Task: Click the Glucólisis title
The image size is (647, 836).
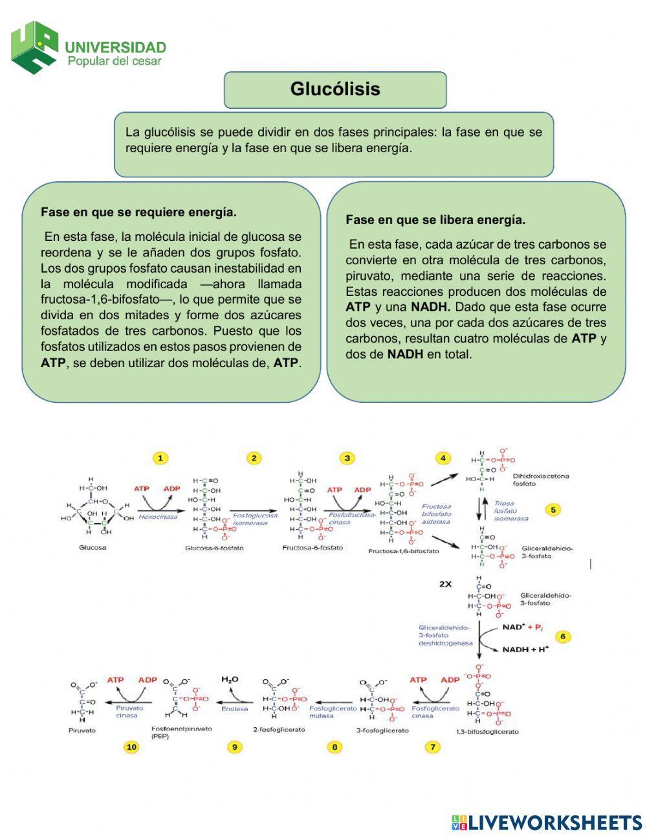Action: point(335,89)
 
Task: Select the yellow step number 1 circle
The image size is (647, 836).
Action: point(160,458)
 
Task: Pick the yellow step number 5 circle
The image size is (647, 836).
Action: point(553,510)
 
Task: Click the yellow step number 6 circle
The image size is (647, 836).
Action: point(562,637)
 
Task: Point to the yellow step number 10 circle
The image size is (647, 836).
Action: point(131,747)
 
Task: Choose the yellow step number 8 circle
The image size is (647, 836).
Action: point(334,747)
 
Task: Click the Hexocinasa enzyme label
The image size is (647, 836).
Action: point(157,517)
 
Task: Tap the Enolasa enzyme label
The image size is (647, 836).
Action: point(234,708)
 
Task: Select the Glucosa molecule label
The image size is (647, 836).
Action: point(93,547)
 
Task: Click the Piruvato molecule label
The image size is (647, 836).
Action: point(82,730)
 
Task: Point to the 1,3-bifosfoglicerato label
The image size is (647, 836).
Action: point(487,732)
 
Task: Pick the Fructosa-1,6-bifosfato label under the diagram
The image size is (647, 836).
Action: point(403,551)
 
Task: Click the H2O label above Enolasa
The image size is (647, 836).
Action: point(230,679)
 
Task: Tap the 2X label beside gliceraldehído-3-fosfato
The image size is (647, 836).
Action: point(446,583)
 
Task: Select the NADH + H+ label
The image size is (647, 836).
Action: point(525,649)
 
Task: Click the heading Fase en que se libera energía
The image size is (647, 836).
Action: point(435,220)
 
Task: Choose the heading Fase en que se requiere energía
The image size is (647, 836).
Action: point(138,212)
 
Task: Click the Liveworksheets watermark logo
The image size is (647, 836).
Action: point(547,822)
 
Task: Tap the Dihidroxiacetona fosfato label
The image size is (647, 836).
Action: point(541,480)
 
